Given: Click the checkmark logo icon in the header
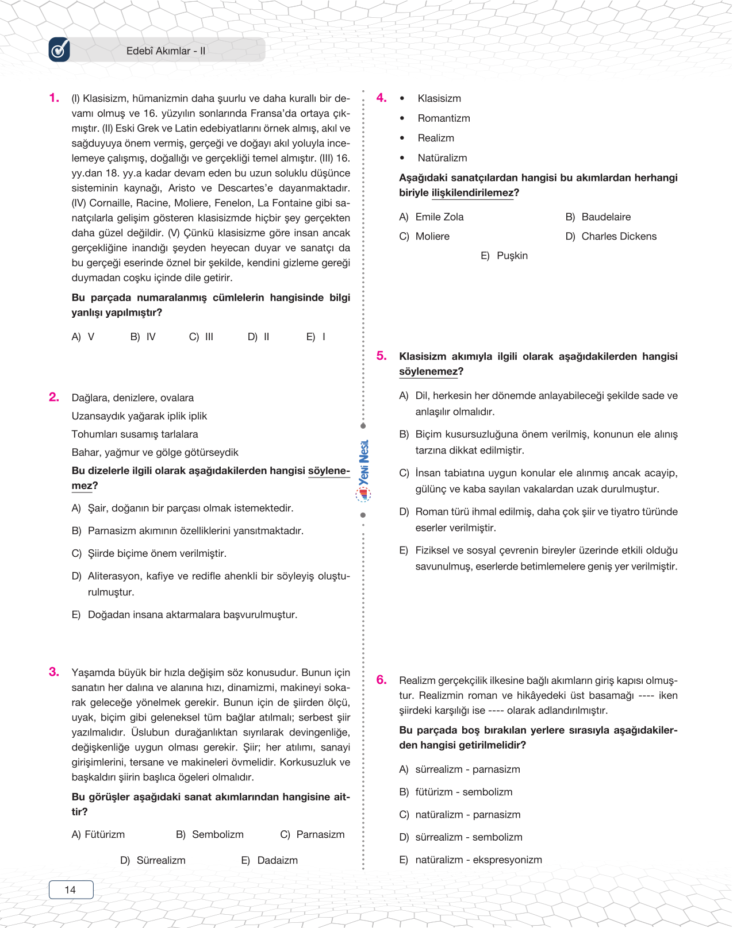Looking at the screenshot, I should tap(59, 50).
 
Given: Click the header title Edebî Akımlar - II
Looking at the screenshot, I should tap(166, 51).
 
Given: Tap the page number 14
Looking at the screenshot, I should tap(71, 890).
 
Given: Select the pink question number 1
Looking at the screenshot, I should tap(54, 98).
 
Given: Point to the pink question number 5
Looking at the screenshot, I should tap(382, 356).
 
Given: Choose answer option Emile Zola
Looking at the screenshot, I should tap(439, 217).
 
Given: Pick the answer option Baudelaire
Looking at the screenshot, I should tap(606, 217).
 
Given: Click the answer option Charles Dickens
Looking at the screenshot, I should tap(619, 236).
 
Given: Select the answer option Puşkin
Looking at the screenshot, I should tap(512, 256).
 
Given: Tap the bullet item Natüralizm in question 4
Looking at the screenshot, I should tap(442, 157).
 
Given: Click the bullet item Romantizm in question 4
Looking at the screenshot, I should tap(444, 118).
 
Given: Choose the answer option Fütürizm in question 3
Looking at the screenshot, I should tap(104, 834).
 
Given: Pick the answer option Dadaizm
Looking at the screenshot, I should tap(277, 860).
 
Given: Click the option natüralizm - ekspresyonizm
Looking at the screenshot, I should tap(478, 860).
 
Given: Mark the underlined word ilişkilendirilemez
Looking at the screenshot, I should tap(473, 192).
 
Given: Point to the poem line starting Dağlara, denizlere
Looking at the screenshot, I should tap(133, 398).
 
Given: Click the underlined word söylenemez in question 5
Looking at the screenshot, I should tap(428, 371).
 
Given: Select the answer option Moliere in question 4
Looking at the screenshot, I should tap(432, 236).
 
